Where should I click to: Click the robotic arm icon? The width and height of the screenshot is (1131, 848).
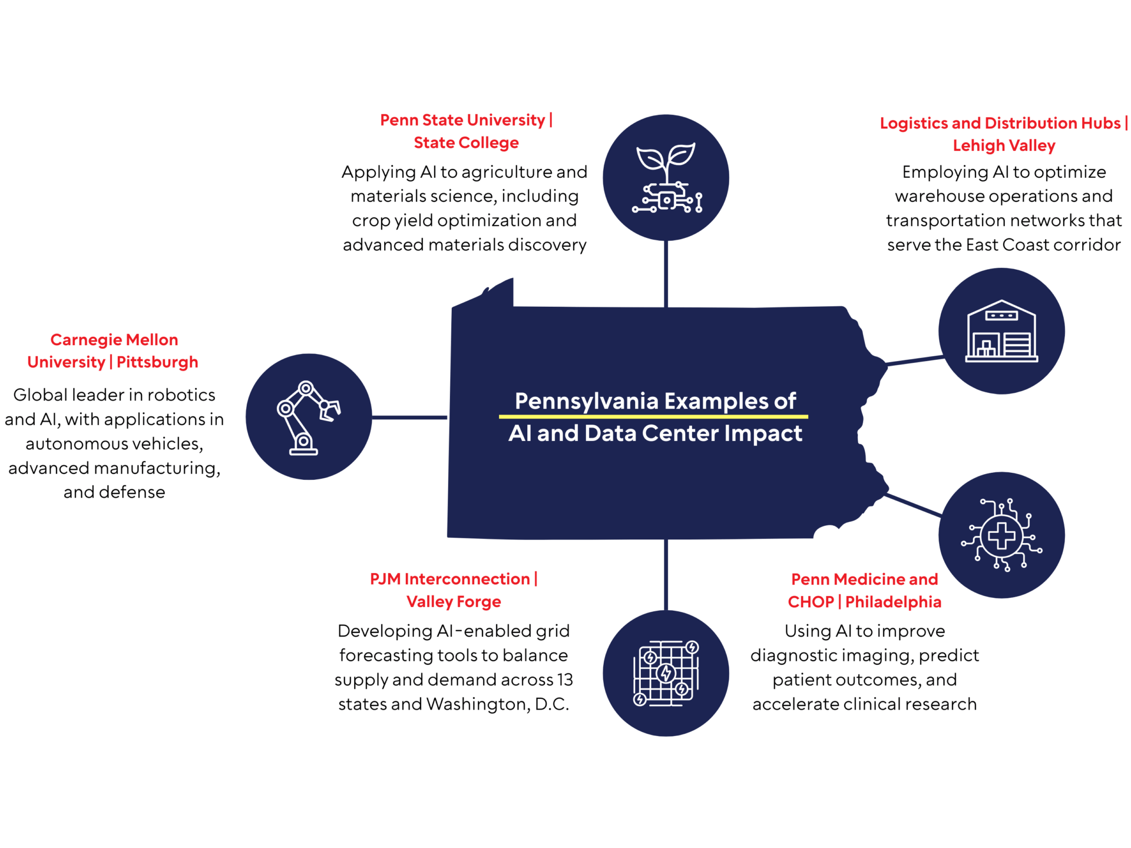pos(308,418)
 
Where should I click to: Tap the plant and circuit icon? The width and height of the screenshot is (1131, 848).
pos(667,178)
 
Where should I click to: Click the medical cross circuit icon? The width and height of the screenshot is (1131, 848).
pos(1001,535)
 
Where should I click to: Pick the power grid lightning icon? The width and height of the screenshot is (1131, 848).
pos(666,673)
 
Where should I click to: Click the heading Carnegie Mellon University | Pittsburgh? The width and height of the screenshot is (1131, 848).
pos(113,351)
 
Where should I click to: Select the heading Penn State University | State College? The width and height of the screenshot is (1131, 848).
pos(466,131)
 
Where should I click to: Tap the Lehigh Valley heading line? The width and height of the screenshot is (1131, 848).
pos(1004,145)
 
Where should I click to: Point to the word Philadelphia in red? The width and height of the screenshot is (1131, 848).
pos(893,602)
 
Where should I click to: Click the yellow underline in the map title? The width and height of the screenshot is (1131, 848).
pos(653,416)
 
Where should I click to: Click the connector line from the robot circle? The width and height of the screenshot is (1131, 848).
pos(409,418)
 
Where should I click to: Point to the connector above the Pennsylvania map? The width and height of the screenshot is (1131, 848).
pos(666,274)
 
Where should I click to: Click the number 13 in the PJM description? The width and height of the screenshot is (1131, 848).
pos(565,680)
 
